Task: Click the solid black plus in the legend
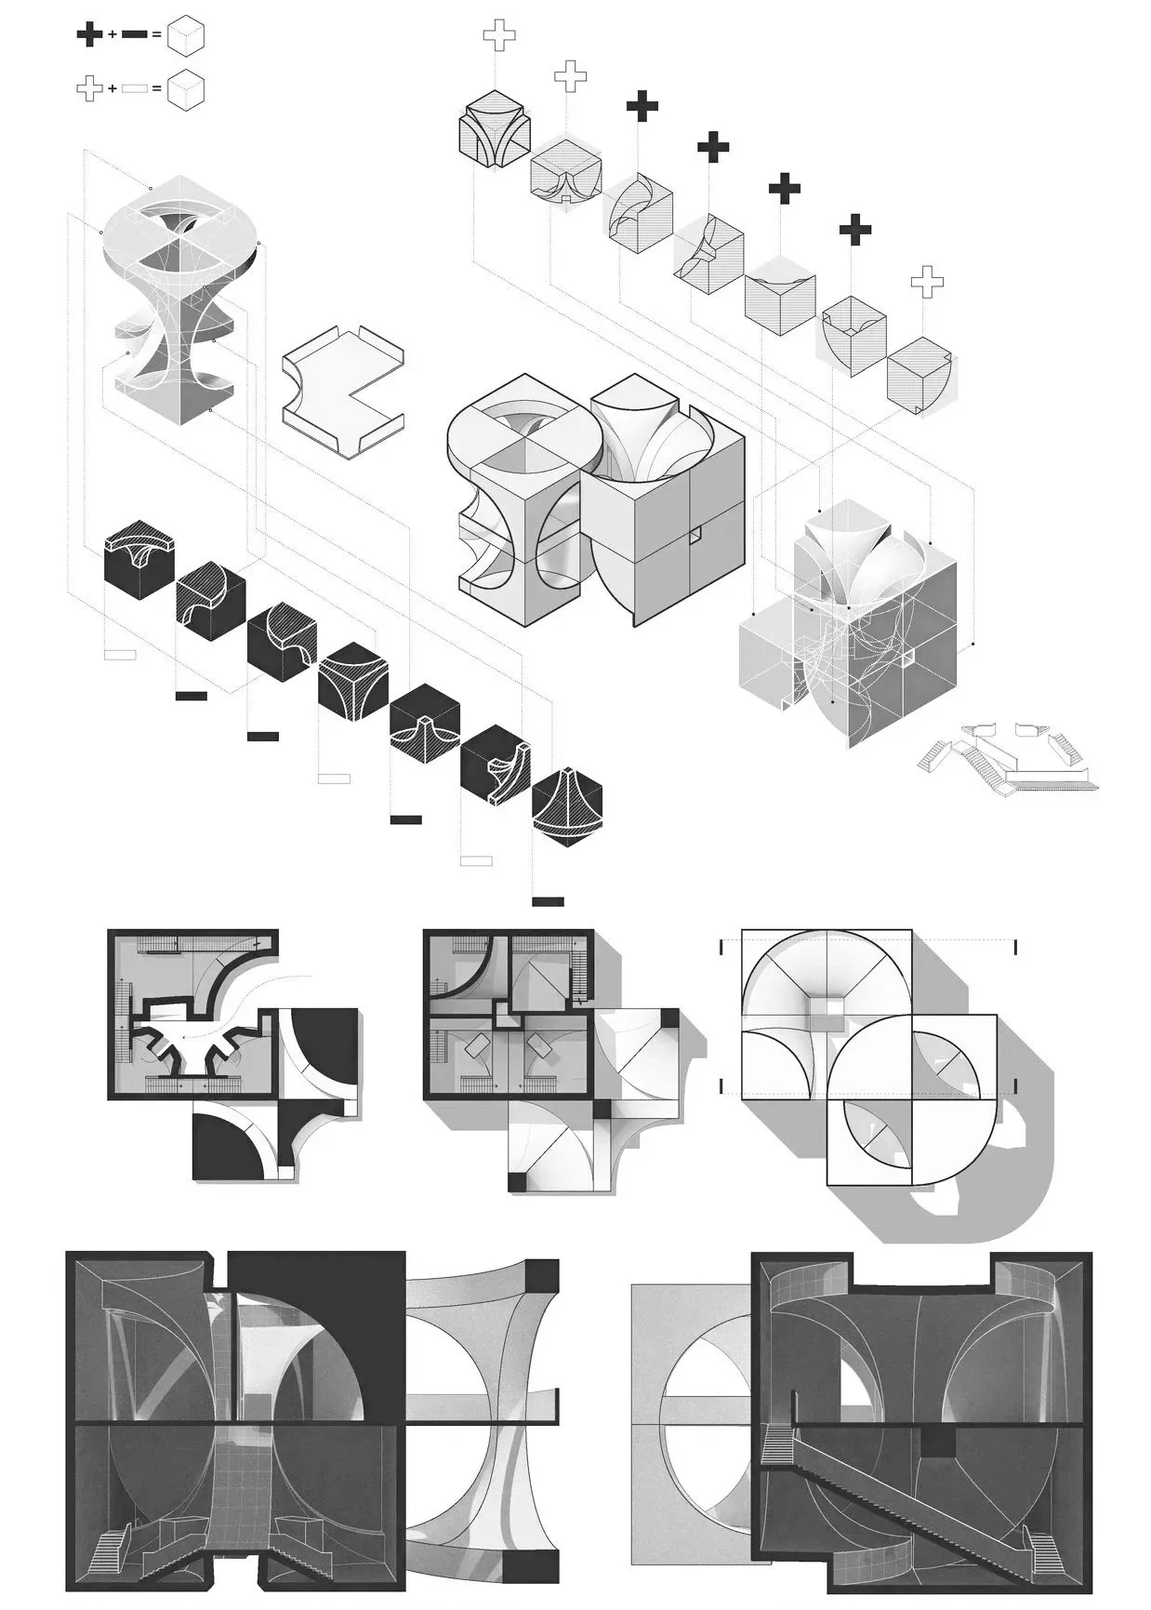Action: tap(89, 36)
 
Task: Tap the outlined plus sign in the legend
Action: tap(89, 88)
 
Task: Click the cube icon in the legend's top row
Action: tap(185, 36)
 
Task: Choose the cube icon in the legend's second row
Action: tap(185, 88)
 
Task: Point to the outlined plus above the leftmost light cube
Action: tap(498, 36)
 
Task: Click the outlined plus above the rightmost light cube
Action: tap(926, 282)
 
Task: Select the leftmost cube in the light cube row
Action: tap(495, 129)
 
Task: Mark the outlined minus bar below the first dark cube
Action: tap(120, 655)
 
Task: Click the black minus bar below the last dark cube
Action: tap(548, 901)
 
